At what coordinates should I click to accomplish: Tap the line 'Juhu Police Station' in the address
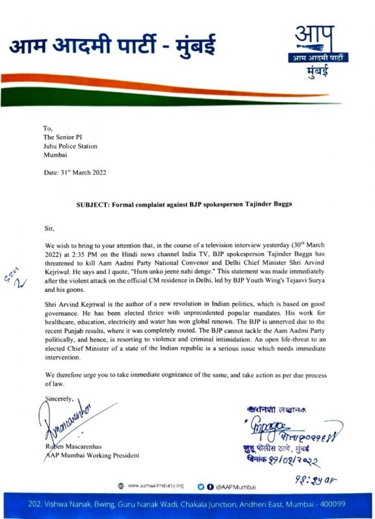click(70, 147)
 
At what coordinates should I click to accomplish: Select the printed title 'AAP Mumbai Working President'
click(91, 455)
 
